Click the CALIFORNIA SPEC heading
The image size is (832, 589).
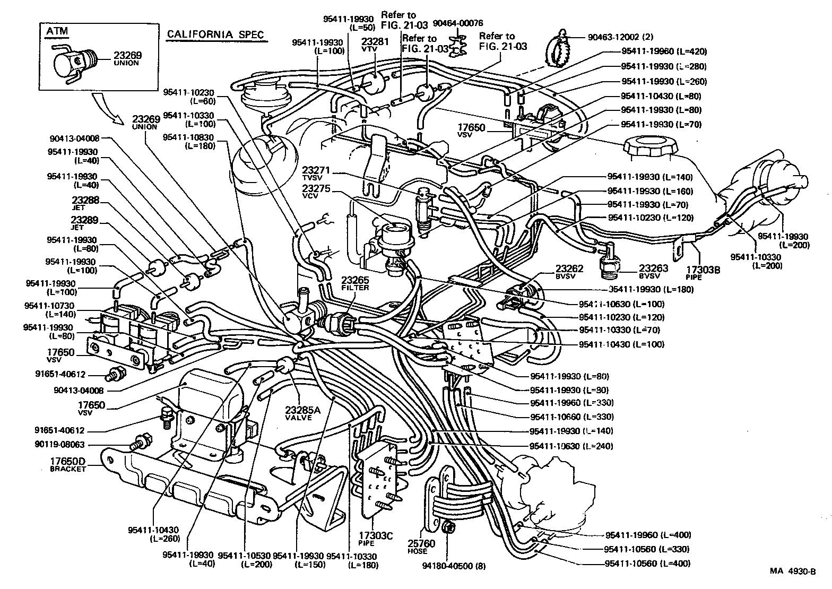(x=214, y=34)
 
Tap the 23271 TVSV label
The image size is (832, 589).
(x=316, y=174)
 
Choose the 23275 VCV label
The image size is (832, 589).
(x=316, y=192)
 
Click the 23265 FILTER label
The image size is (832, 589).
(x=355, y=283)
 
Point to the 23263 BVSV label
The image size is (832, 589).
(x=656, y=272)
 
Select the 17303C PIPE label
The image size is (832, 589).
(x=375, y=540)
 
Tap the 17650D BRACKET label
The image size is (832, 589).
(x=68, y=465)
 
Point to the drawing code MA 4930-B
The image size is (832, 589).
(x=793, y=571)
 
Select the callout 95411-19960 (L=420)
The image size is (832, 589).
(x=664, y=52)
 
